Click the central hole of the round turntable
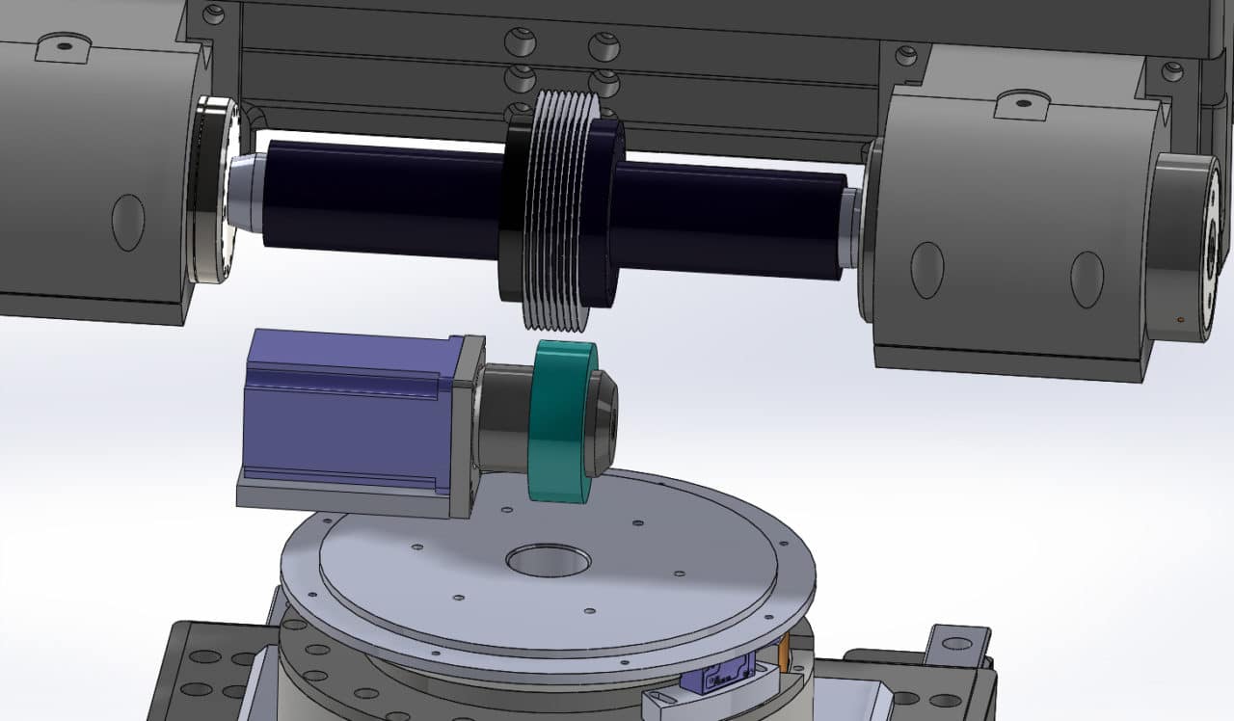(x=548, y=559)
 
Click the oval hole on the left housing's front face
(x=128, y=222)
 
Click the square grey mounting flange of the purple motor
(x=470, y=424)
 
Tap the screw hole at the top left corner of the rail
(x=214, y=14)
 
